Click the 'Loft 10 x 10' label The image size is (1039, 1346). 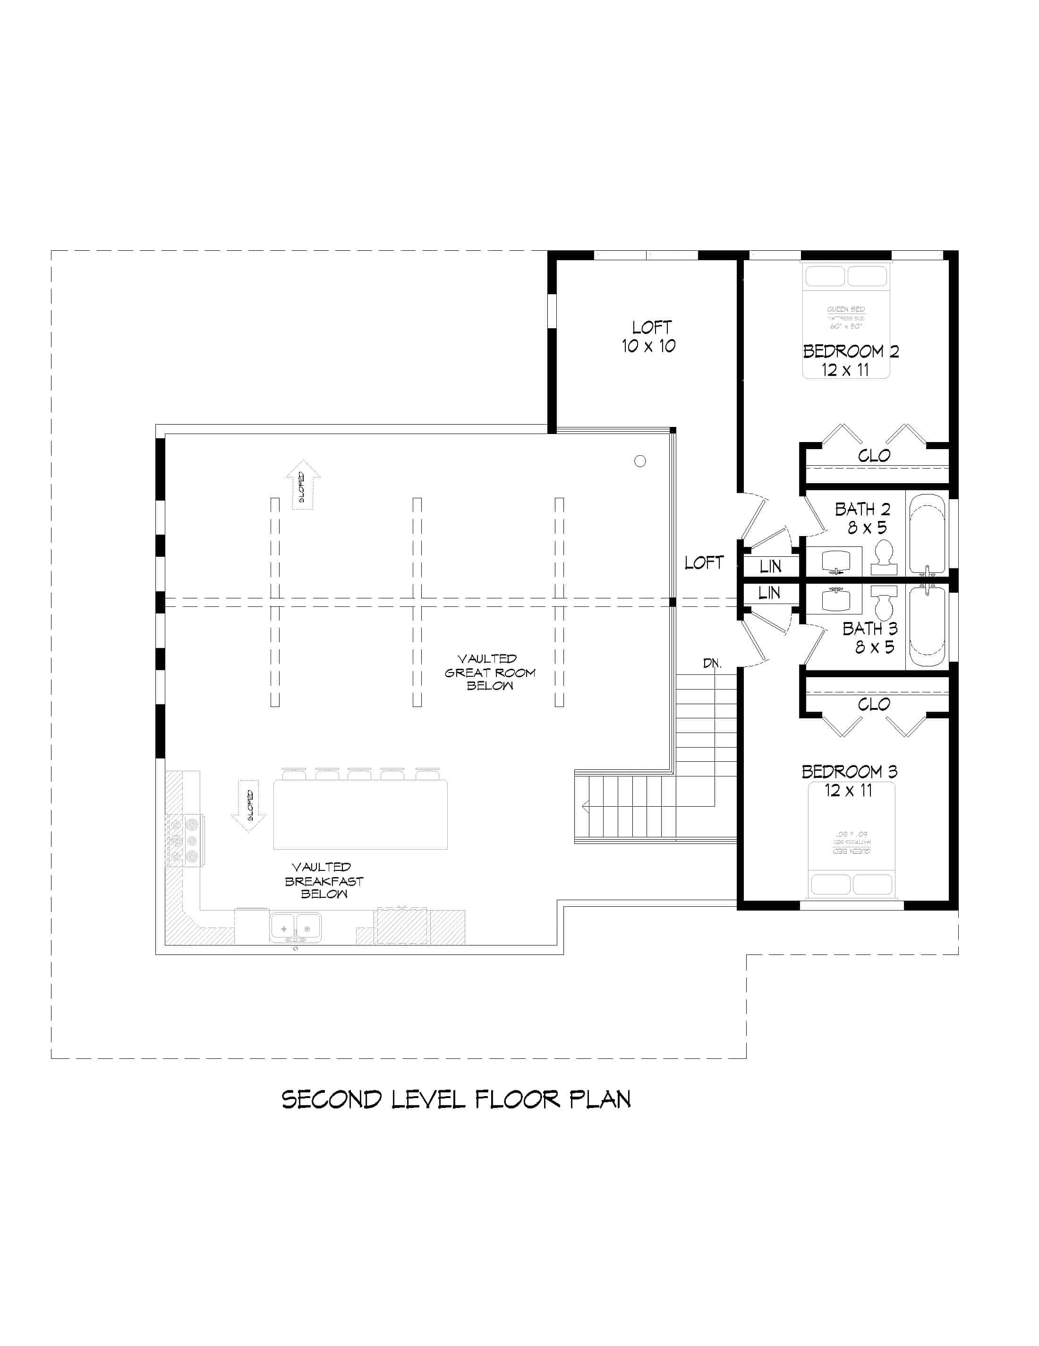[649, 336]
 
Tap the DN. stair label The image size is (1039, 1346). [712, 664]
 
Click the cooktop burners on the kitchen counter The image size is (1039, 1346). [185, 840]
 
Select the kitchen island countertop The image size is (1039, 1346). [360, 815]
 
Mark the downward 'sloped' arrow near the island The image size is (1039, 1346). [248, 805]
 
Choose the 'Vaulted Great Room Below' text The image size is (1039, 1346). [490, 673]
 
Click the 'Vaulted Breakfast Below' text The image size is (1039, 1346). [324, 881]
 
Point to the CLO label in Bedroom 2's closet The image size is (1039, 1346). [874, 456]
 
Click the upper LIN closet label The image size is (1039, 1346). [770, 566]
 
